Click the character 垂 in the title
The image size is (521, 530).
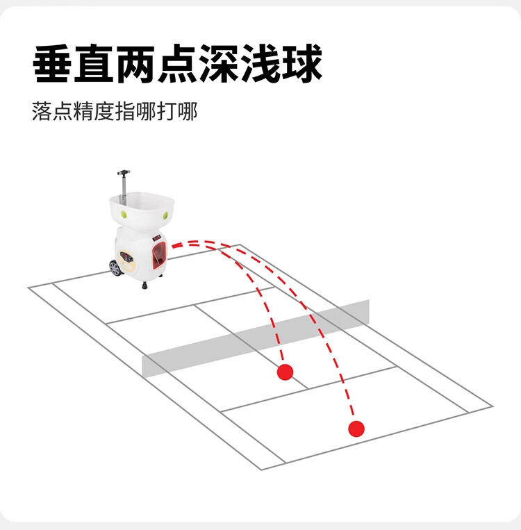(x=52, y=64)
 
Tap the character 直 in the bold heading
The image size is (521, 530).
(x=94, y=64)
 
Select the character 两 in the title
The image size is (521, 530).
(x=135, y=64)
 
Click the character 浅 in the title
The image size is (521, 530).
(x=260, y=64)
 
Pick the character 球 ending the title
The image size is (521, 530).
(x=302, y=64)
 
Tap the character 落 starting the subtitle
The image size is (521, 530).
(x=42, y=111)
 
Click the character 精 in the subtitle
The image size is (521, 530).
(x=83, y=111)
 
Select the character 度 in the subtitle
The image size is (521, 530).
(x=104, y=111)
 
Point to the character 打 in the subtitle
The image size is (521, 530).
(x=166, y=111)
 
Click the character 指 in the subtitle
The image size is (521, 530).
(x=125, y=111)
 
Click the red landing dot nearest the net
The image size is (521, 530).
(x=285, y=372)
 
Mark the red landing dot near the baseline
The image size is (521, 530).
(x=356, y=429)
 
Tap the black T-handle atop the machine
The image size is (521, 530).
(x=124, y=173)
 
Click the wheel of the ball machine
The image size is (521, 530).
(x=115, y=268)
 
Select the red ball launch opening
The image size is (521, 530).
(x=159, y=254)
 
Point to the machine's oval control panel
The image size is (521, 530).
(x=126, y=260)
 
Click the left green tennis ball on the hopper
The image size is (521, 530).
(x=124, y=214)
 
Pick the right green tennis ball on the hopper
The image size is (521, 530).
(x=165, y=215)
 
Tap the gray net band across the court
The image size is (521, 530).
(x=256, y=338)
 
